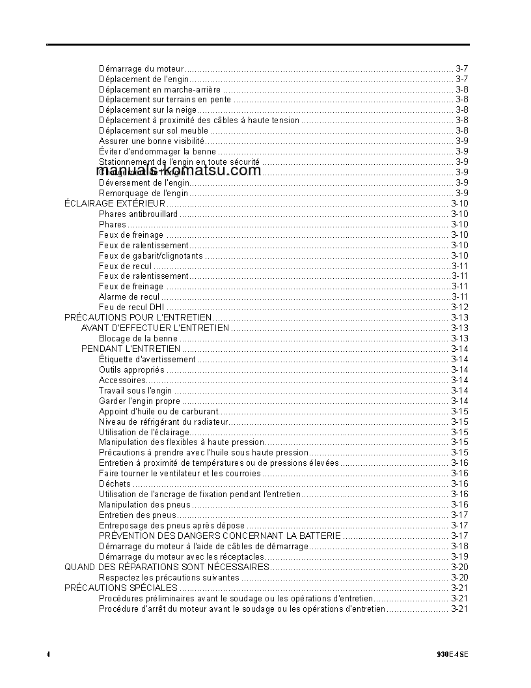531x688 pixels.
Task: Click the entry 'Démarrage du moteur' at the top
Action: pyautogui.click(x=141, y=68)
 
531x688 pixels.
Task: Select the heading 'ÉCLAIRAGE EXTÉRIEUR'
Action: pyautogui.click(x=115, y=204)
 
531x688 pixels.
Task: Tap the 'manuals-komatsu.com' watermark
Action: pyautogui.click(x=178, y=171)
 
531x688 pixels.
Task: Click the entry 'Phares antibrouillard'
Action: pyautogui.click(x=138, y=214)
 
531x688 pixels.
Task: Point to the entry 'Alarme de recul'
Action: pyautogui.click(x=129, y=297)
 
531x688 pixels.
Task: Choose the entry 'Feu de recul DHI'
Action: pyautogui.click(x=131, y=308)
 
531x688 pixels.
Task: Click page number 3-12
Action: pyautogui.click(x=459, y=308)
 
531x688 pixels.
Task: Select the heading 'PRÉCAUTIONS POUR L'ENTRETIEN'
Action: pyautogui.click(x=137, y=318)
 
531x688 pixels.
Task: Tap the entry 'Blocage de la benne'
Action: pyautogui.click(x=138, y=339)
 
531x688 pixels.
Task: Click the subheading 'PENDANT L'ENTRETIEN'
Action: pyautogui.click(x=131, y=349)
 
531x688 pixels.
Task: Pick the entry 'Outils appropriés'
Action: pyautogui.click(x=131, y=370)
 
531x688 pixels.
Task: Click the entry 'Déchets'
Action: pyautogui.click(x=115, y=484)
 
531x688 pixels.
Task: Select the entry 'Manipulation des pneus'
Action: pyautogui.click(x=144, y=505)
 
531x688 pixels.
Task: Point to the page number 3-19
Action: pyautogui.click(x=459, y=557)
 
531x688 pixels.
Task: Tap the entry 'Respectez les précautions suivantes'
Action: pyautogui.click(x=169, y=578)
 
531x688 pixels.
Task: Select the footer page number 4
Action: pyautogui.click(x=48, y=654)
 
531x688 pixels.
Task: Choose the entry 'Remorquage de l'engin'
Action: pyautogui.click(x=143, y=193)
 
